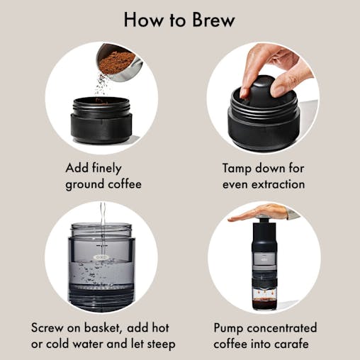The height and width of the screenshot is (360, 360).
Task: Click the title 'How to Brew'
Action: pyautogui.click(x=180, y=19)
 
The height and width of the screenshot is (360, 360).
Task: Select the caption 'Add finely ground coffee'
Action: pyautogui.click(x=103, y=176)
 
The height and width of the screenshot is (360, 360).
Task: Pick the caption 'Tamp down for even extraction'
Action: pyautogui.click(x=264, y=176)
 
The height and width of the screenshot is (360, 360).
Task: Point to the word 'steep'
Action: pyautogui.click(x=159, y=345)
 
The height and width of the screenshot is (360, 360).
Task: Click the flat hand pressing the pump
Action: pyautogui.click(x=262, y=213)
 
